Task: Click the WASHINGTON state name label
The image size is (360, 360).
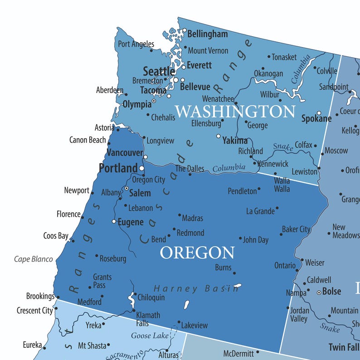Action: tap(235, 111)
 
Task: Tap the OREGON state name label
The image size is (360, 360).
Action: tap(197, 253)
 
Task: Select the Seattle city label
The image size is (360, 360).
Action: tap(159, 71)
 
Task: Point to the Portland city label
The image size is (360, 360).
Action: tap(118, 168)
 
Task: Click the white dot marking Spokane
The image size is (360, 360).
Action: tap(319, 113)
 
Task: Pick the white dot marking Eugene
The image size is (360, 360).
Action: tap(114, 221)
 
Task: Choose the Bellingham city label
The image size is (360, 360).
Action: tap(207, 34)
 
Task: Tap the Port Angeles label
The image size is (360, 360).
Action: tap(136, 44)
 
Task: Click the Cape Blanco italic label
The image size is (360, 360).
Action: tap(33, 259)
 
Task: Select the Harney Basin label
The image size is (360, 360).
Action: tap(196, 288)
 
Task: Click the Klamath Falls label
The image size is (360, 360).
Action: tap(148, 319)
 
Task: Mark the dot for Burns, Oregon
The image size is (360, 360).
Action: tap(234, 273)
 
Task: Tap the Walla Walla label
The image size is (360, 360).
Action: tap(282, 185)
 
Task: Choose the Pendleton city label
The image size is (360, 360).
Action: tap(242, 191)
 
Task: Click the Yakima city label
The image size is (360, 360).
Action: tap(235, 141)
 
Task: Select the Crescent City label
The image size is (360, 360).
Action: tap(35, 311)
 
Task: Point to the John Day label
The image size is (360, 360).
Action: tap(256, 240)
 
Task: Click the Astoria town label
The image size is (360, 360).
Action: tap(104, 128)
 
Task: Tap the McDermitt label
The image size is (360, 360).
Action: tap(238, 353)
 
